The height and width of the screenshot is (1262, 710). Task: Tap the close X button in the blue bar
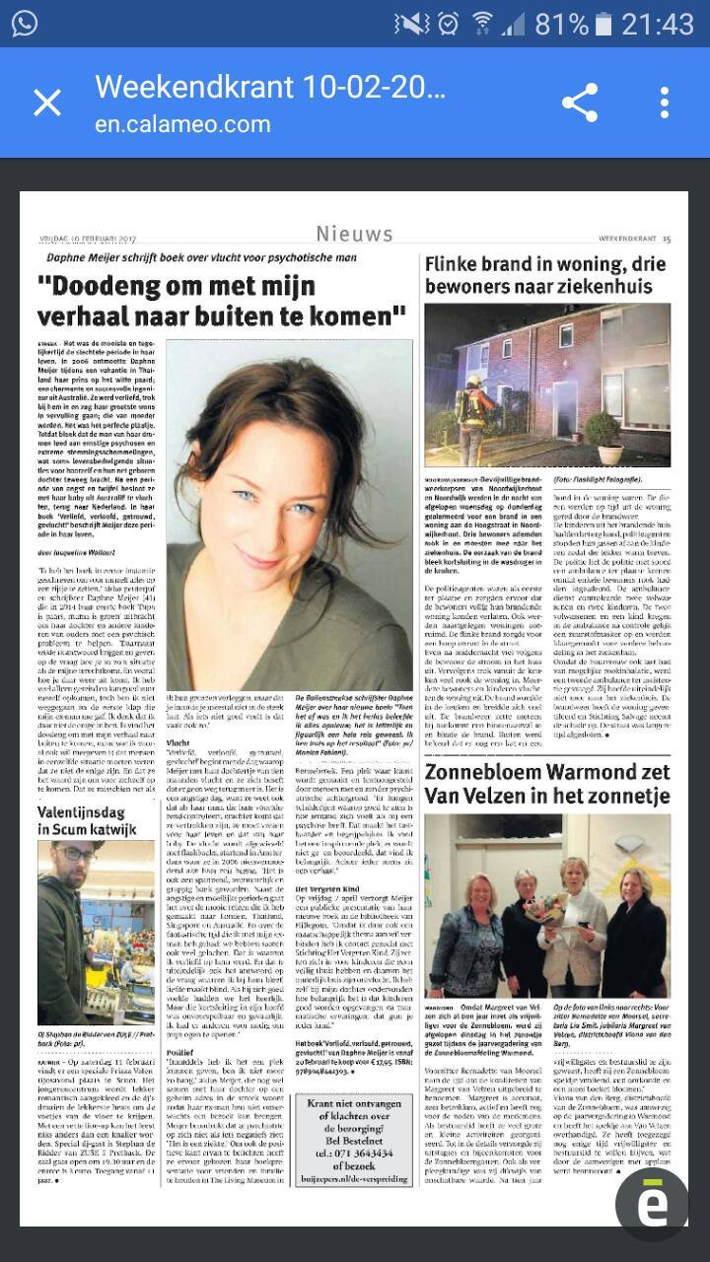point(47,103)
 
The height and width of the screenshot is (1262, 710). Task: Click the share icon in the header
point(579,103)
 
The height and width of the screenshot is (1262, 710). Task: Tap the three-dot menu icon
point(665,103)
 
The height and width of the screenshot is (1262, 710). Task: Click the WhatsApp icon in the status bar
point(25,24)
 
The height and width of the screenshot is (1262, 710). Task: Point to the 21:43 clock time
point(658,24)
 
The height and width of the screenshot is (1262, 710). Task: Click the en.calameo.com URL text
point(182,124)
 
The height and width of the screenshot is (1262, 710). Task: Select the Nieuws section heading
point(354,234)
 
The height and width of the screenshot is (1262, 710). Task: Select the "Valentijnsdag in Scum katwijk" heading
point(93,820)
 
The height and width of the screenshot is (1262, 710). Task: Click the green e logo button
point(652,1203)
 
